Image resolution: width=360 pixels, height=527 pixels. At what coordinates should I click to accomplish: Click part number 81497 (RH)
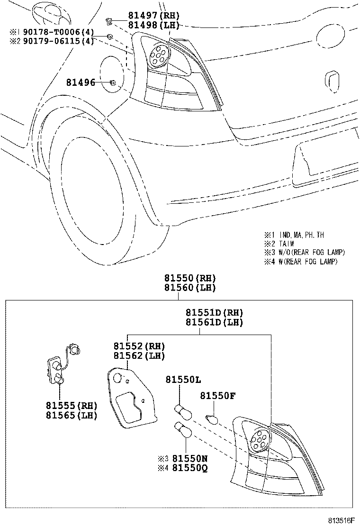(147, 16)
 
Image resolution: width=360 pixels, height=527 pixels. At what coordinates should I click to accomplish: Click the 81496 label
(81, 83)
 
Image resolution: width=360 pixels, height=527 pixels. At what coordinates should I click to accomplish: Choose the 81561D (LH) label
(214, 322)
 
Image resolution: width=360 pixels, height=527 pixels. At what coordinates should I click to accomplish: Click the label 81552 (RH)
(139, 346)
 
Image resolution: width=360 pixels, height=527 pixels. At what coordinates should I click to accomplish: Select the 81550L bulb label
(183, 380)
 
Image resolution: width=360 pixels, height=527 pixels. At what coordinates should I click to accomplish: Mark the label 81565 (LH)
(72, 415)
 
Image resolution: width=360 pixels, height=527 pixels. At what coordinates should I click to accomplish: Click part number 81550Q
(190, 468)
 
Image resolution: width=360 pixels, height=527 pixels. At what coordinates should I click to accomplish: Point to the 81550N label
(190, 459)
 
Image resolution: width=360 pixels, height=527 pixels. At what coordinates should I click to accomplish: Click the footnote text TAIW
(287, 244)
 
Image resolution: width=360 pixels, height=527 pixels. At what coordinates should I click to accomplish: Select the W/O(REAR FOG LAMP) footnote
(312, 252)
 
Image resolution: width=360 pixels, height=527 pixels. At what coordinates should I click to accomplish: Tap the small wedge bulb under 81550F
(212, 418)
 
